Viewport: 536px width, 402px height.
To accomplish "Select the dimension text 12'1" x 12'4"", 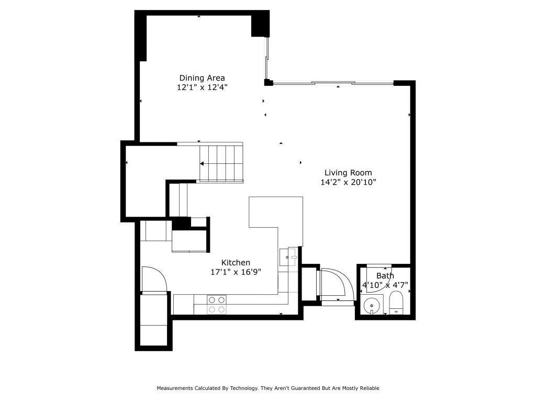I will coord(202,88).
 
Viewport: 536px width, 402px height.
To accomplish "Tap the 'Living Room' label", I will coord(348,172).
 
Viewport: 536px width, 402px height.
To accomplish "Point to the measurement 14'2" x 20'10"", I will coord(348,182).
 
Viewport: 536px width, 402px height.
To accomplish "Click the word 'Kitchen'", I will coord(236,262).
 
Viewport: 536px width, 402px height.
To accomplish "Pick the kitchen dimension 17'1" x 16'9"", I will coord(236,272).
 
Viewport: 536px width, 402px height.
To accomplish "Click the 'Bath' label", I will coord(385,276).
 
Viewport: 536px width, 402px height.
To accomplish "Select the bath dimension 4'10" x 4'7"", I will coord(385,285).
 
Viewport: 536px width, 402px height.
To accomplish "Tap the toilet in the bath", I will coord(396,304).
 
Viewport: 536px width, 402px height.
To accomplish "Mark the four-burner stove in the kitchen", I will coord(217,305).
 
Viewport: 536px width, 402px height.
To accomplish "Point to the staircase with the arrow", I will coord(221,163).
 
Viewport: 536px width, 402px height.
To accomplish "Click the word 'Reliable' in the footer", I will coord(368,388).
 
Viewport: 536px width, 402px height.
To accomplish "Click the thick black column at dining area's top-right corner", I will coord(260,24).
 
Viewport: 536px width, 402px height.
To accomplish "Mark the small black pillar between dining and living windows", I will coord(268,82).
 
